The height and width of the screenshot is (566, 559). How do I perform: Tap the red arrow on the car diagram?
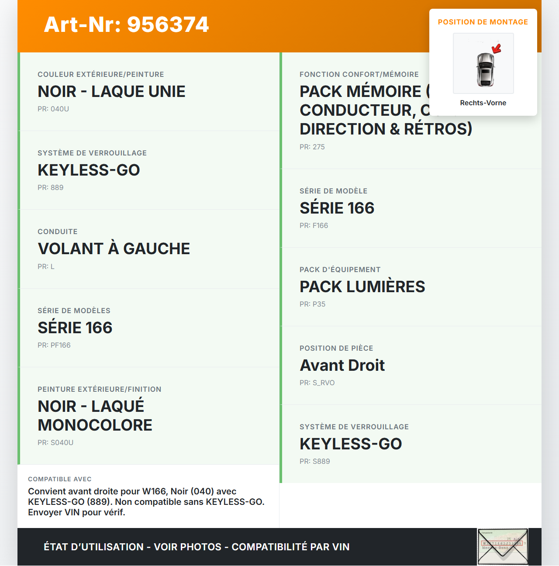496,48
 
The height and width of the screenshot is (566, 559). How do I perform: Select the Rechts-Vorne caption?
483,103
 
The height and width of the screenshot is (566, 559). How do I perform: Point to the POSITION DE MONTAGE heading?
483,22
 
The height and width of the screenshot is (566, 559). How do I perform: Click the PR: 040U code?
53,109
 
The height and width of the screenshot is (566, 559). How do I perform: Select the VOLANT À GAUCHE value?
114,249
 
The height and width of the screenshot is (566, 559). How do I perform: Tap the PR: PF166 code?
54,345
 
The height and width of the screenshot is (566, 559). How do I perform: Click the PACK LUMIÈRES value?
362,287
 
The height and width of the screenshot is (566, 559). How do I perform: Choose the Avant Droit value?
342,366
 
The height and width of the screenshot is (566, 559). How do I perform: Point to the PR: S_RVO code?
317,383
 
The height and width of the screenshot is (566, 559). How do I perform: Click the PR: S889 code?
315,462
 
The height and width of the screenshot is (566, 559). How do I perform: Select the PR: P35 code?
313,304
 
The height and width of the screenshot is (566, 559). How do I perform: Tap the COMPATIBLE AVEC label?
60,480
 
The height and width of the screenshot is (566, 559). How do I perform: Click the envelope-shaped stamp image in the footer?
503,547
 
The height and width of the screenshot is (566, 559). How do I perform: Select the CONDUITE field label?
58,232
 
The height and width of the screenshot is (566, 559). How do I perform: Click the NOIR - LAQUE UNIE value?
111,92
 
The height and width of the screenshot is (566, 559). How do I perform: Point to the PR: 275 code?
312,147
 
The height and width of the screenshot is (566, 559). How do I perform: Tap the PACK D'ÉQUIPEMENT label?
340,270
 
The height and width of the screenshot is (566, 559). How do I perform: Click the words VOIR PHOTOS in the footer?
188,547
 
